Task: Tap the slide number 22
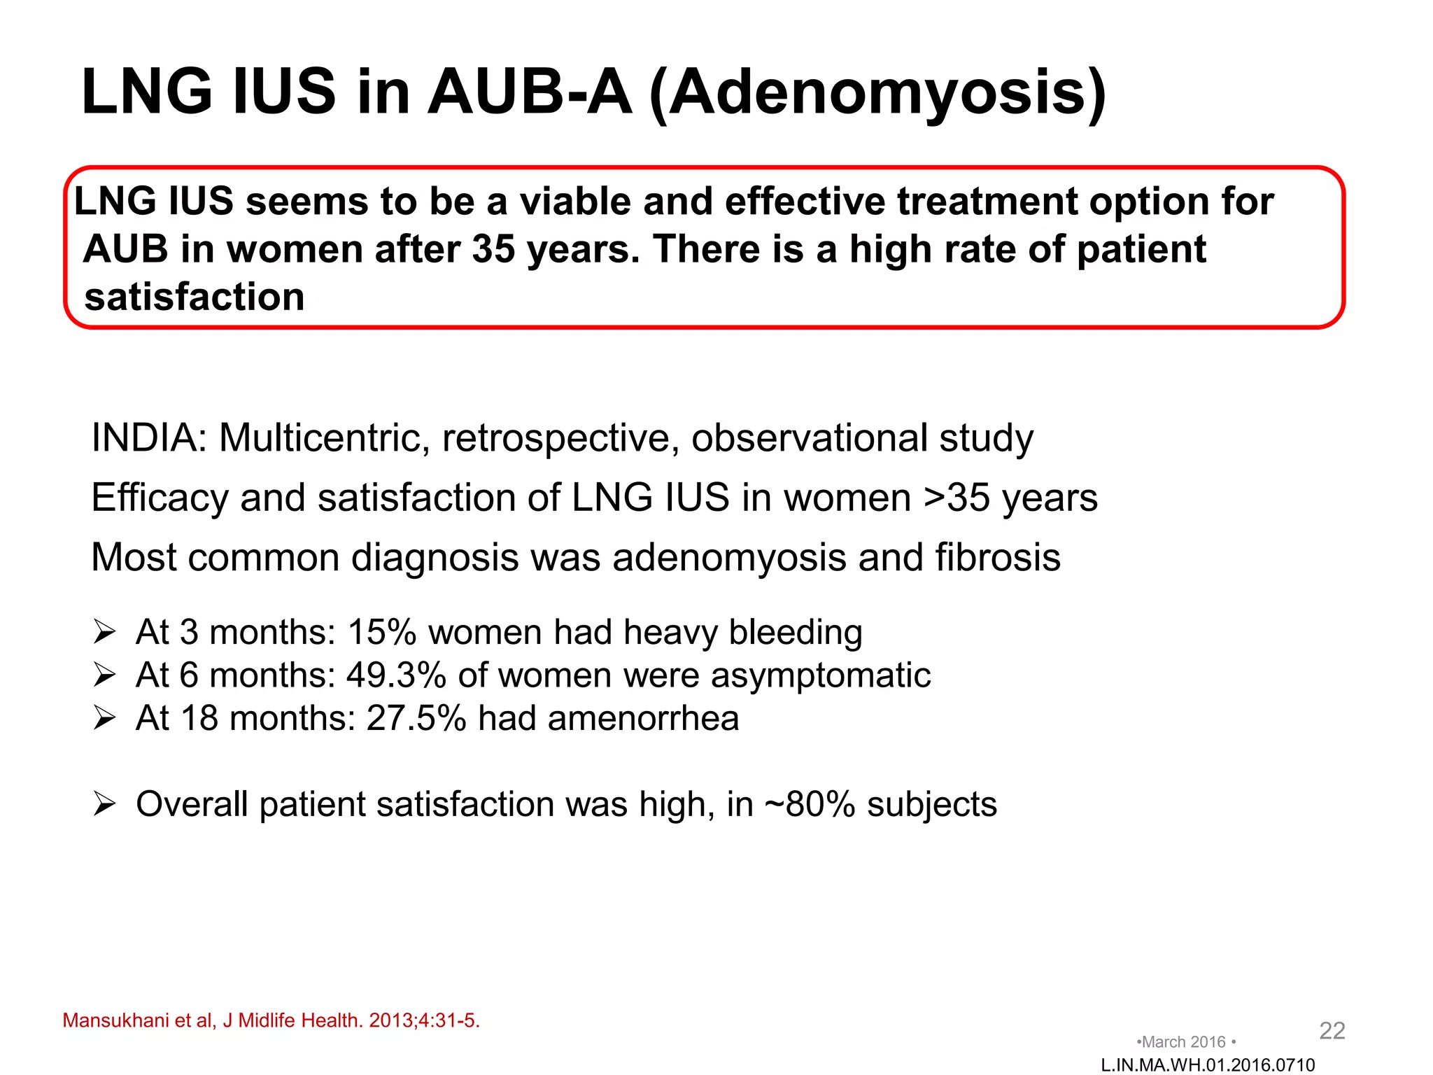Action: [1332, 1030]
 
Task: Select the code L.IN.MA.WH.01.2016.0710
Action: [1208, 1065]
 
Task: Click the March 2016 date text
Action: [1186, 1042]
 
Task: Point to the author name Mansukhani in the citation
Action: [115, 1020]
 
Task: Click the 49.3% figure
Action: [396, 675]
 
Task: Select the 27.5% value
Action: [416, 718]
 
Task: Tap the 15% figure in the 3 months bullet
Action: [382, 632]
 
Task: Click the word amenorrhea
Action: [643, 718]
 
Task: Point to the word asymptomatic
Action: [821, 675]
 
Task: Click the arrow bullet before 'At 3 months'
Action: [104, 633]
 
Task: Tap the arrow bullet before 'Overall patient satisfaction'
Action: [104, 804]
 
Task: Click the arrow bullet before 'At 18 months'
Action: [104, 719]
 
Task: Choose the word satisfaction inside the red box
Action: [195, 297]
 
